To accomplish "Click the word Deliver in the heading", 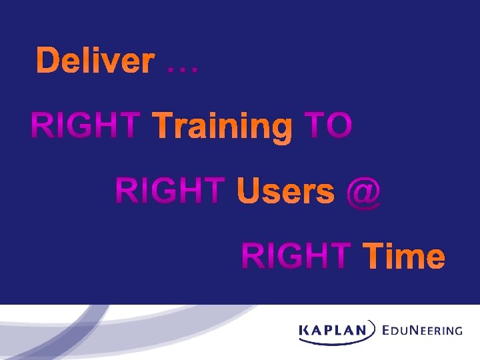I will pos(95,61).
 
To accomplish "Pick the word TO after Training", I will pos(327,127).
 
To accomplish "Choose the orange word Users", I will pos(286,192).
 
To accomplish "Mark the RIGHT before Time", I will pos(296,256).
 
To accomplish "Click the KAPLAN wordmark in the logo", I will pos(333,329).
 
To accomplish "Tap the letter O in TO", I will pos(338,127).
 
